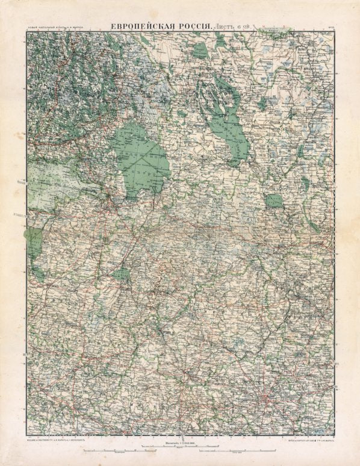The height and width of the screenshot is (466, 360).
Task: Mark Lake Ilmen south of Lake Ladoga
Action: pyautogui.click(x=121, y=274)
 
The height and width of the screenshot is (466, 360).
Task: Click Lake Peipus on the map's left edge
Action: pyautogui.click(x=33, y=244)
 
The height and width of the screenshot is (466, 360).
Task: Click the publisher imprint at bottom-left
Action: pyautogui.click(x=57, y=440)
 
